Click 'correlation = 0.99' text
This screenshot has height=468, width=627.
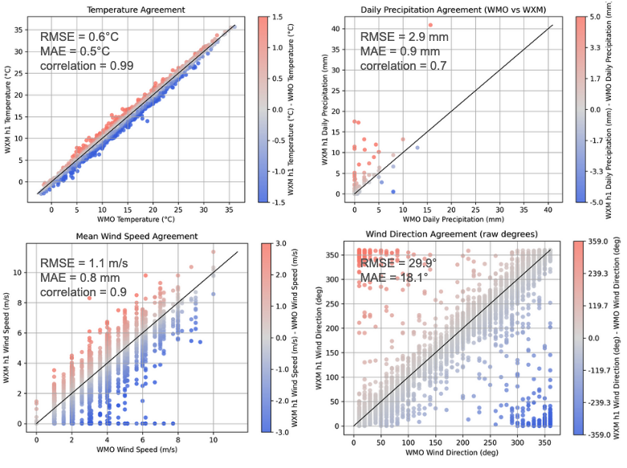[88, 65]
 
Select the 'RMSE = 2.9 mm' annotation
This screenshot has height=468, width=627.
[404, 37]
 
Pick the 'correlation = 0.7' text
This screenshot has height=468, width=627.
[405, 66]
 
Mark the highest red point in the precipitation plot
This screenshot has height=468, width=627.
[430, 25]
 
